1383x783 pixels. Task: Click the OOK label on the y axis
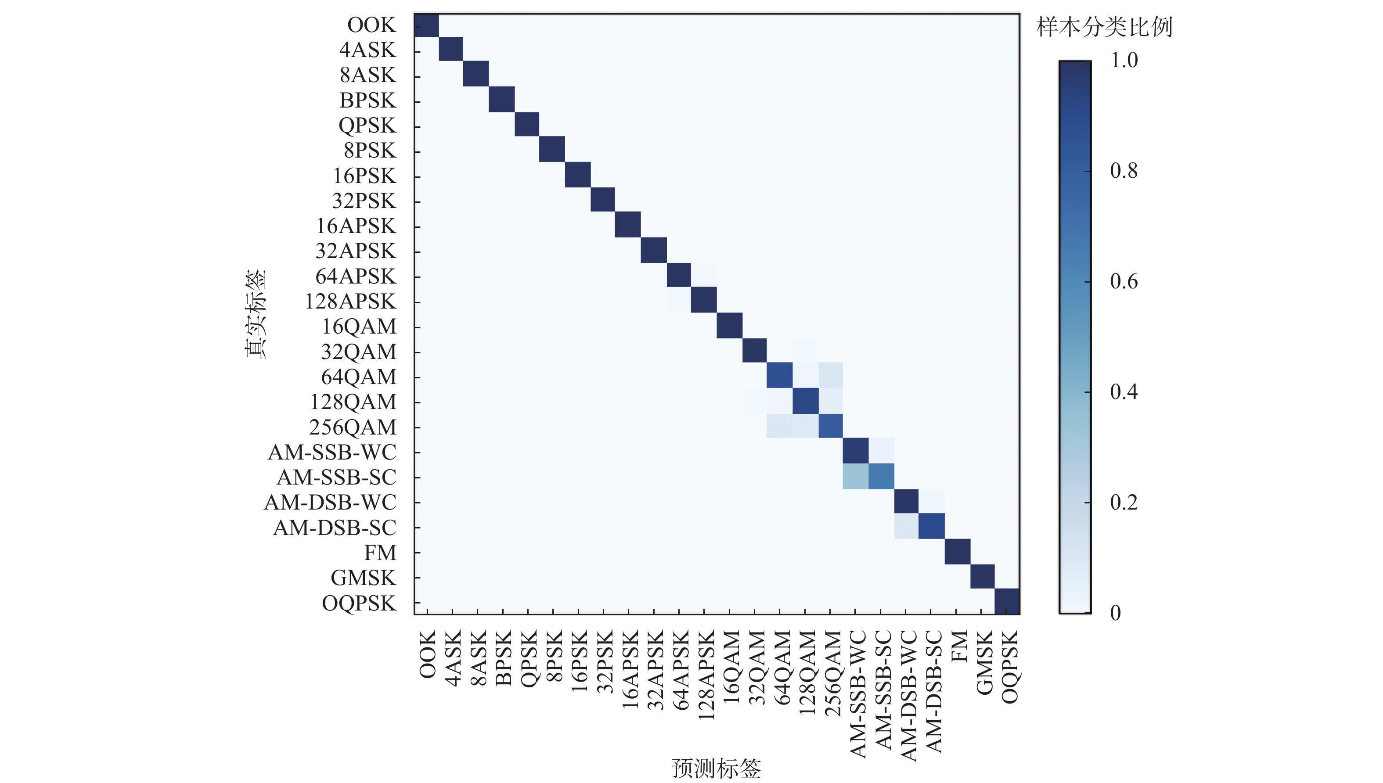point(371,25)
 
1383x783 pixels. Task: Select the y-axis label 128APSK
point(350,301)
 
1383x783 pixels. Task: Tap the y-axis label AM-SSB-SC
point(336,477)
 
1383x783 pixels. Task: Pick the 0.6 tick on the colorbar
point(1124,281)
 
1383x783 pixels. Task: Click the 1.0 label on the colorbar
point(1124,60)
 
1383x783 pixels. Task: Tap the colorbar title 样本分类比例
point(1104,27)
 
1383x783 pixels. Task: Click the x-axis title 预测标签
point(716,769)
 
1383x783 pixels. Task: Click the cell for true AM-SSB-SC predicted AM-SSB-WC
point(855,477)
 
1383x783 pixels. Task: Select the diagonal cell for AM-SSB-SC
point(881,477)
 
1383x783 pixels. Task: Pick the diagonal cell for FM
point(958,552)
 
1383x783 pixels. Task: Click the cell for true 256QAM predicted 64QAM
point(779,426)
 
